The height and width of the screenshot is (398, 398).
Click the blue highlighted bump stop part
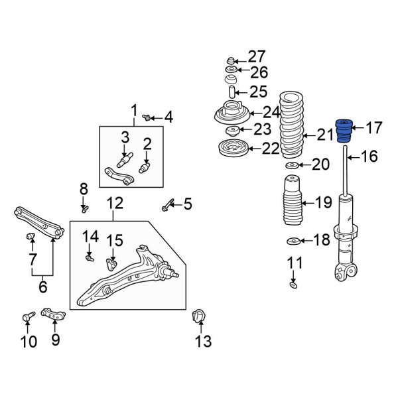[x=344, y=131]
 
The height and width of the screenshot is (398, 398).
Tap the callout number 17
[x=374, y=127]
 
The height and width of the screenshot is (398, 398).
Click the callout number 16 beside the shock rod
[x=369, y=157]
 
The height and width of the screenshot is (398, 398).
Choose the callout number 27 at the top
[x=256, y=56]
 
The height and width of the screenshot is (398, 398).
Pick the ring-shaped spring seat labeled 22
[x=233, y=148]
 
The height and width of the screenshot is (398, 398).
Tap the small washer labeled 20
[x=292, y=165]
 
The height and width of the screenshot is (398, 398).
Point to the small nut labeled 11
[x=293, y=285]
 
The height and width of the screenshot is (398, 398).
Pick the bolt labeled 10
[x=27, y=319]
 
